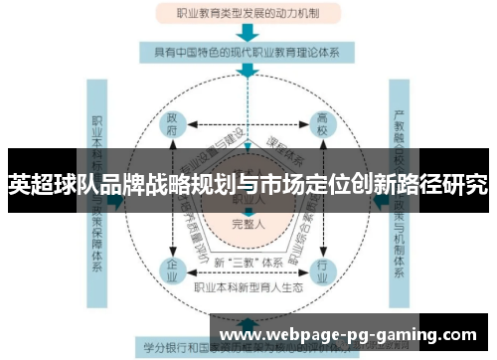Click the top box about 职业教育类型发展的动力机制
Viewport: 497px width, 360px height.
248,15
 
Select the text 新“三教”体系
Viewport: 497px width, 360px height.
248,263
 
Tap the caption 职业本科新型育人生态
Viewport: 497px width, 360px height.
248,287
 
